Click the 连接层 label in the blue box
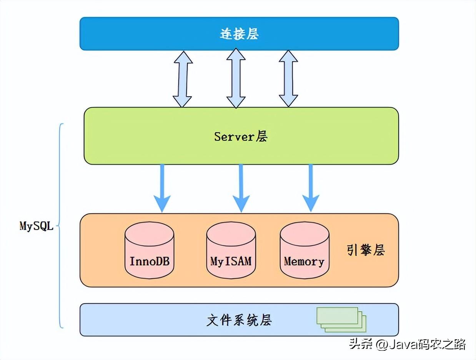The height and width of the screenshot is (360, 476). (x=239, y=34)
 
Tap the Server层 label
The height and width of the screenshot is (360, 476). (x=241, y=137)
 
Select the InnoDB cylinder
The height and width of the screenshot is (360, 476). (x=150, y=250)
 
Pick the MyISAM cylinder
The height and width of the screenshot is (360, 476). (x=231, y=250)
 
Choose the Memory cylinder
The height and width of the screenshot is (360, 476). (x=304, y=250)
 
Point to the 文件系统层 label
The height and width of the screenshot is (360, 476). (x=239, y=320)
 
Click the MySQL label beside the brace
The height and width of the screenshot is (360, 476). (x=36, y=226)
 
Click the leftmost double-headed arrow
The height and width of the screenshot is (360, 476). (x=183, y=78)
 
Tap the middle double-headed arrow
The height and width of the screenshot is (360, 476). (x=236, y=78)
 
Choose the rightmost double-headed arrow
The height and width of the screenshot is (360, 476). (x=288, y=78)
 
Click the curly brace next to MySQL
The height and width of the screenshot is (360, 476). (x=61, y=226)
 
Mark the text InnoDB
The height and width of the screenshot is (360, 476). (x=150, y=262)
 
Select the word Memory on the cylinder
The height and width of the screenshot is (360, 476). (x=304, y=262)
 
